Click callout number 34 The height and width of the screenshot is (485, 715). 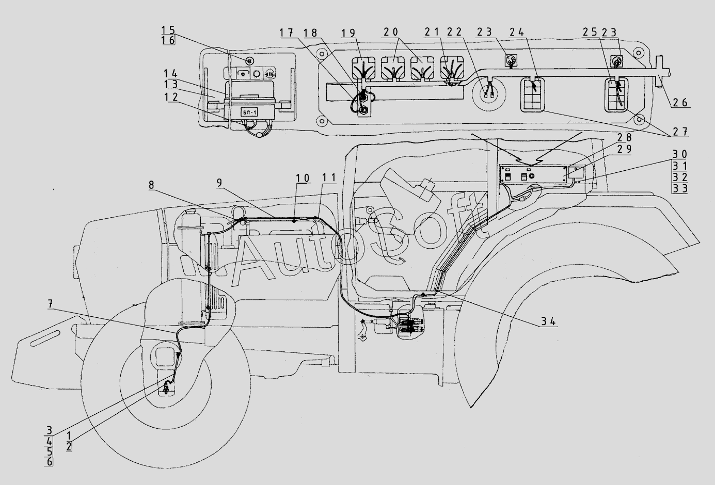pyautogui.click(x=548, y=321)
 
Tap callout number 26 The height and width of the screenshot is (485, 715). pyautogui.click(x=680, y=103)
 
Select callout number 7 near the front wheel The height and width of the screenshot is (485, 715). pyautogui.click(x=50, y=304)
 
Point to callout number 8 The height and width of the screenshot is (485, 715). pyautogui.click(x=151, y=185)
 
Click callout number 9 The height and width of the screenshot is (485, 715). pyautogui.click(x=219, y=183)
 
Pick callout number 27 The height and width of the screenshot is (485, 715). pyautogui.click(x=680, y=132)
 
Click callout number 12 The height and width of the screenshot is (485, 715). pyautogui.click(x=171, y=97)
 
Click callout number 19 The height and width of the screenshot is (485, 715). pyautogui.click(x=348, y=33)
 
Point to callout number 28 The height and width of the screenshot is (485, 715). pyautogui.click(x=624, y=137)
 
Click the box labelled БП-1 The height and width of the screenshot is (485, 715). pyautogui.click(x=249, y=112)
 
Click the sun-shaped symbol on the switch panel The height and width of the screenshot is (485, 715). pyautogui.click(x=256, y=74)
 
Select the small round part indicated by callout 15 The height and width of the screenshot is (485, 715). pyautogui.click(x=250, y=61)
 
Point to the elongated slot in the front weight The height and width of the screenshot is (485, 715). pyautogui.click(x=45, y=338)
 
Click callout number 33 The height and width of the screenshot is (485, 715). pyautogui.click(x=680, y=188)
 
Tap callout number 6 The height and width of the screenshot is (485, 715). pyautogui.click(x=49, y=461)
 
